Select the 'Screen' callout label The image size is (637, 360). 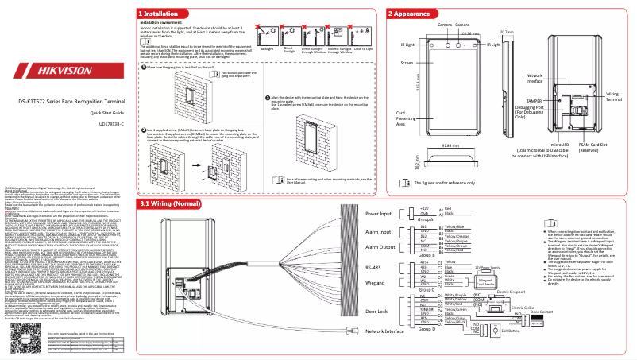(x=406, y=62)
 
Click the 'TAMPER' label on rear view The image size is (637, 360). (x=534, y=101)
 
